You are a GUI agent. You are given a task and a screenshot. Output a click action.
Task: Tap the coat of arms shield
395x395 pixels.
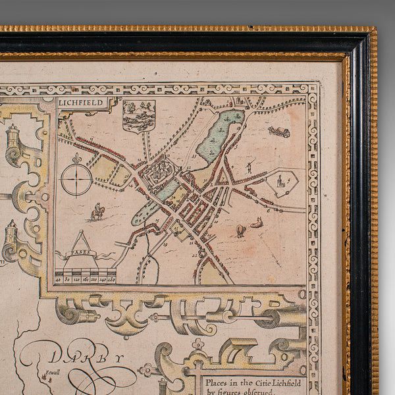pyautogui.click(x=139, y=116)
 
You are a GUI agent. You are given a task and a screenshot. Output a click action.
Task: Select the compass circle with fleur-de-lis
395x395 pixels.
pyautogui.click(x=76, y=178)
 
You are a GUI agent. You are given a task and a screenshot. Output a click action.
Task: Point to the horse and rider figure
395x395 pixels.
pyautogui.click(x=98, y=212)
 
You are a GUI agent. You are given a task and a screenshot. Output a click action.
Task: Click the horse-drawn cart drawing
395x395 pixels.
pyautogui.click(x=279, y=131)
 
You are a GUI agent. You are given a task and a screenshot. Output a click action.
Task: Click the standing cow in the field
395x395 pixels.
pyautogui.click(x=240, y=230)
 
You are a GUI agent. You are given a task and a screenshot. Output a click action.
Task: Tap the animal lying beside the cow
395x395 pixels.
pyautogui.click(x=257, y=223)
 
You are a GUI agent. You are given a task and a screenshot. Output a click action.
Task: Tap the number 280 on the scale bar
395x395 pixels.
pyautogui.click(x=111, y=279)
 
